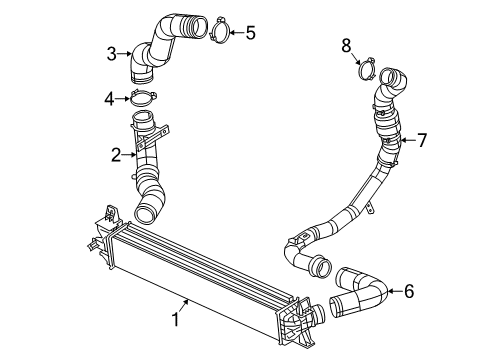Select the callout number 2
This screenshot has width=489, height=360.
pos(116,155)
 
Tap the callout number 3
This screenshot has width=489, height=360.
pos(116,51)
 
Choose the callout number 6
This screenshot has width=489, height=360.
pos(408,291)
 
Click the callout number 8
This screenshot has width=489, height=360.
pos(346,44)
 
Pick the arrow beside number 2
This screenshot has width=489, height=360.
pos(130,155)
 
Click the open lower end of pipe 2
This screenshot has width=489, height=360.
pos(148,211)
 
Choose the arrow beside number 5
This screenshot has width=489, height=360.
pos(236,31)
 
